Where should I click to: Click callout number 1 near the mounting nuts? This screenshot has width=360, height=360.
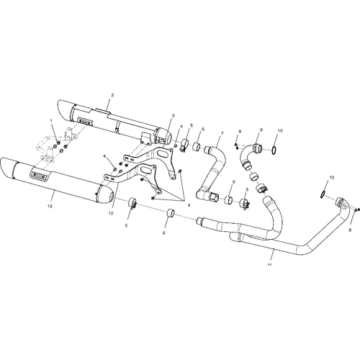tap(51, 120)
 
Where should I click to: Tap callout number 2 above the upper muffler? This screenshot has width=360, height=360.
tap(112, 95)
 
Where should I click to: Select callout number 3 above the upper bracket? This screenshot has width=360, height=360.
tap(174, 115)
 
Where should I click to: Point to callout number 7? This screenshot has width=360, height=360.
tap(222, 132)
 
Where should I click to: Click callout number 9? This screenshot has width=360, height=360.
tap(261, 130)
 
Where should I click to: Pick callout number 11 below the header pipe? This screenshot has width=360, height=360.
tap(269, 264)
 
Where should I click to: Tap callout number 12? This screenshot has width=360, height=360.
tap(111, 213)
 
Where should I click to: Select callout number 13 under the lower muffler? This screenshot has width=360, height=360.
tap(50, 206)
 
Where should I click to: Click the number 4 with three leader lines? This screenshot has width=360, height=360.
tap(189, 205)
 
